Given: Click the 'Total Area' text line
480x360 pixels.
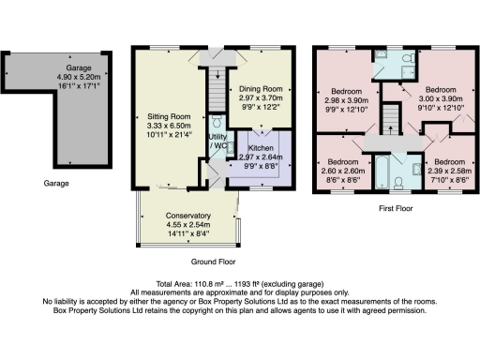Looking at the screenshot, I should [x=239, y=282].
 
